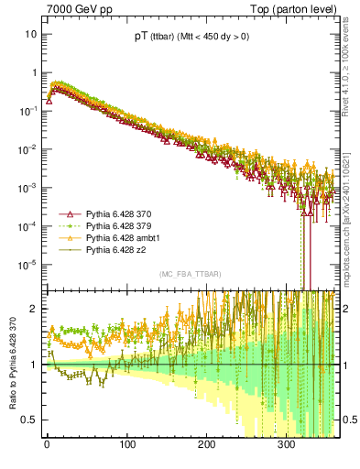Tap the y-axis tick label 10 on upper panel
(x=30, y=34)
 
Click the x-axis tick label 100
(x=126, y=455)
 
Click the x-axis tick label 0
(x=47, y=455)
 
